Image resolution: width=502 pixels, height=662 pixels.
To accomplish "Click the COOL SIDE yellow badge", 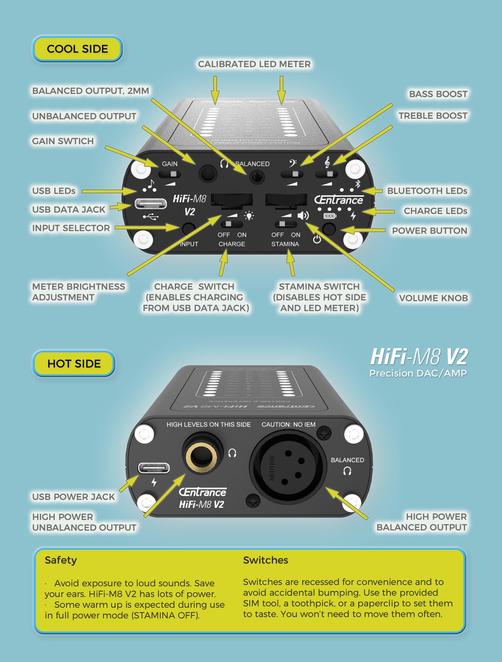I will (x=77, y=49).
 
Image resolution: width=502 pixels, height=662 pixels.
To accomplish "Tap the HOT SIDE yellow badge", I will (x=74, y=364).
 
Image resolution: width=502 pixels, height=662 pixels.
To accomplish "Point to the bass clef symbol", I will (x=292, y=163).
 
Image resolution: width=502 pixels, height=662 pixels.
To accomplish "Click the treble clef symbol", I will (x=327, y=162).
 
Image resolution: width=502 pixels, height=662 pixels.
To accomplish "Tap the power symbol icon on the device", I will (x=317, y=239).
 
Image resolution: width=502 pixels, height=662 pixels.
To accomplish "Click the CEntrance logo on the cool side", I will (x=338, y=200).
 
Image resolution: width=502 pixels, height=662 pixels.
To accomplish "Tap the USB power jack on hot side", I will (x=154, y=468).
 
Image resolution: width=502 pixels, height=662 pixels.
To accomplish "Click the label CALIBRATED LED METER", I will (x=254, y=64).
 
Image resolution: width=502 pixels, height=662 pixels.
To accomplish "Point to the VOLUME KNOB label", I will (x=433, y=298).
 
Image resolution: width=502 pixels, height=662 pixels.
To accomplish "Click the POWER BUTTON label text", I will (x=429, y=231).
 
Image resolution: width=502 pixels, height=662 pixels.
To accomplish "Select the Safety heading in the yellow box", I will (x=61, y=560).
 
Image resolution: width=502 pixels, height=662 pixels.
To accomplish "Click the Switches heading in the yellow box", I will (x=266, y=560).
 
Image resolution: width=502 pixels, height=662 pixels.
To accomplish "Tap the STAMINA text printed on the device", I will (x=285, y=244).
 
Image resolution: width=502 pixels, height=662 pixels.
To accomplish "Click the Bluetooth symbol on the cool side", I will (x=358, y=183).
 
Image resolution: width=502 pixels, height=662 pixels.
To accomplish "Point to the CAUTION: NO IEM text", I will (x=288, y=425).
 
